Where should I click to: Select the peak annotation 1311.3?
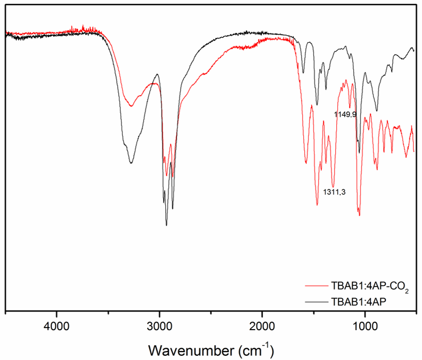(335, 192)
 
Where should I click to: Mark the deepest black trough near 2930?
(166, 225)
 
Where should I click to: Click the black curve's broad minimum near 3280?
(131, 162)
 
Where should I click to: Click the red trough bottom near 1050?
(360, 215)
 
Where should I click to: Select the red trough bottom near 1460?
(317, 205)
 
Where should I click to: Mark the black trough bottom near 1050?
(360, 153)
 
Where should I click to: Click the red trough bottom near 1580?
(306, 163)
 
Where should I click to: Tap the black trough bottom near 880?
(377, 111)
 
